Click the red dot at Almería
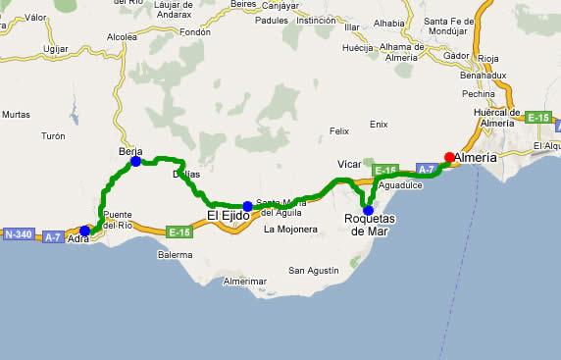point(449,157)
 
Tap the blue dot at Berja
point(135,161)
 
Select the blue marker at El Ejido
point(247,206)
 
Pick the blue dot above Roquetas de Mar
point(368,210)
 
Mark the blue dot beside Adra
point(85,231)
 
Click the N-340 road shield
point(19,235)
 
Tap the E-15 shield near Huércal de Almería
point(538,118)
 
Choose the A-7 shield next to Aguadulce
point(426,169)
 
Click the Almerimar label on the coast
point(244,282)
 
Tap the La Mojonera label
point(291,230)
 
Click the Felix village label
point(339,130)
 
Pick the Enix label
point(380,125)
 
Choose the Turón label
point(53,136)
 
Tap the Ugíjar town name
point(57,48)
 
